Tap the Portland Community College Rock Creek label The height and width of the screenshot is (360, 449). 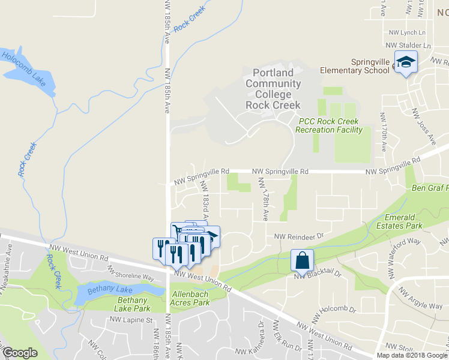(273, 88)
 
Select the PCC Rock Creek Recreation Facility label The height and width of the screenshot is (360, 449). (330, 125)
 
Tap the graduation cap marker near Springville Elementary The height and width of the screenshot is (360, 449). (406, 62)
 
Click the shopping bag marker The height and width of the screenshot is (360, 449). (302, 261)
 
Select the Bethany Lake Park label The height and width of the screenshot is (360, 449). (134, 304)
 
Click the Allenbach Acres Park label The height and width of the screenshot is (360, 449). (191, 299)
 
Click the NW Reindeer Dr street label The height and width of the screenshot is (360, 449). (299, 236)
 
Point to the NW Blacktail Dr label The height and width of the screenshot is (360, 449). (318, 273)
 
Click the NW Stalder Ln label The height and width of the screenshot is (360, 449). (408, 45)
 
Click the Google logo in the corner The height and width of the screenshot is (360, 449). (20, 353)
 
